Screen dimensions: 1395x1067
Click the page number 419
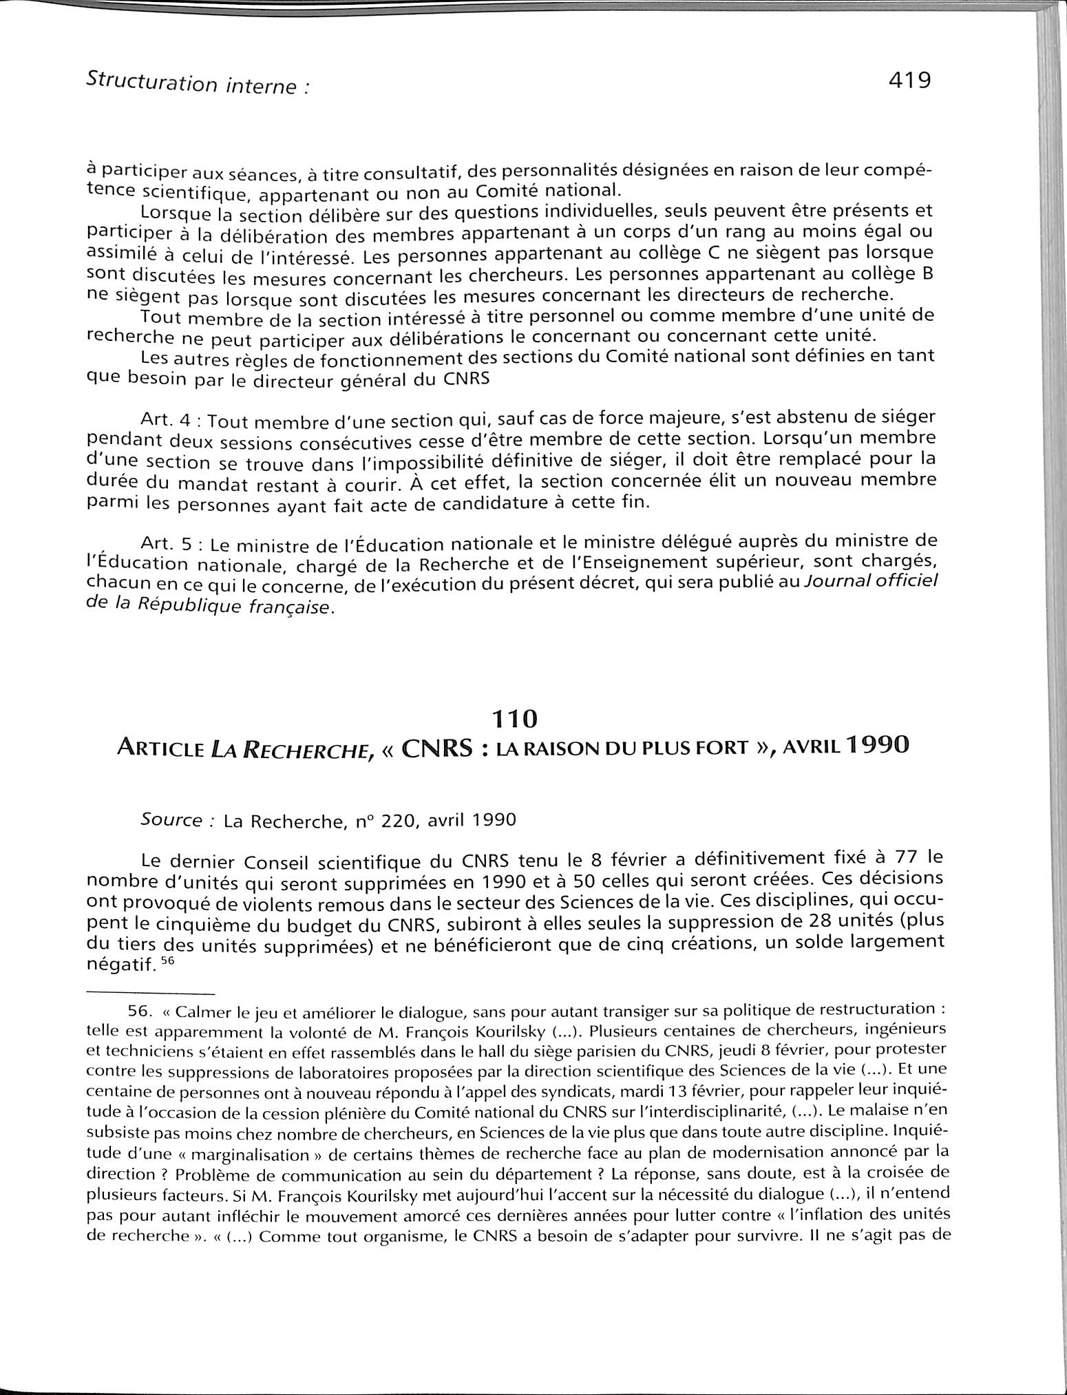[x=909, y=81]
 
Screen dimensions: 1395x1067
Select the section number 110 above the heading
[x=514, y=719]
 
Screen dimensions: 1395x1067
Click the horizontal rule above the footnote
[x=151, y=993]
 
